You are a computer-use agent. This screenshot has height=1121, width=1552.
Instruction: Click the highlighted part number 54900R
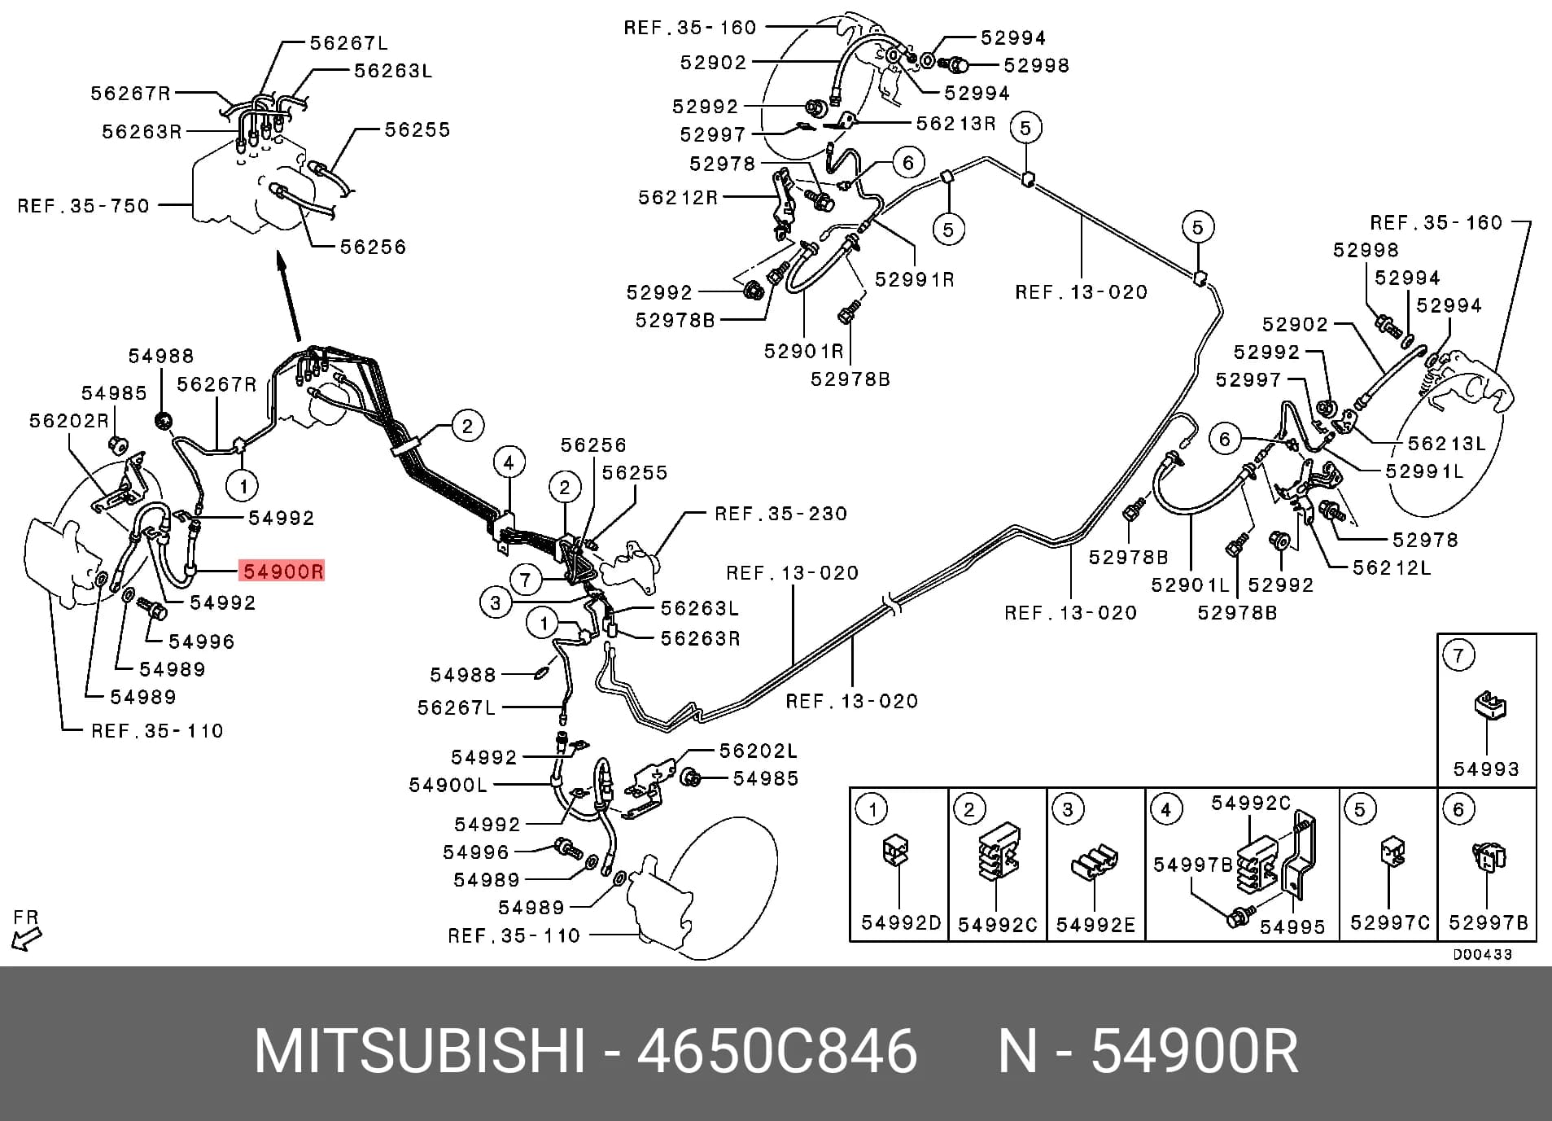283,571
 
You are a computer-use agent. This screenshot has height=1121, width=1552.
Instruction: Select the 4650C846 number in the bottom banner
776,1051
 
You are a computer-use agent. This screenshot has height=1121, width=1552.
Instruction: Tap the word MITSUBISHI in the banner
420,1051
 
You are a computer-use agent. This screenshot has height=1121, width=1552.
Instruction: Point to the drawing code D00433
1483,954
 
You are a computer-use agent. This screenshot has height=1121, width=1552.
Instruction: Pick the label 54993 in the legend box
1486,769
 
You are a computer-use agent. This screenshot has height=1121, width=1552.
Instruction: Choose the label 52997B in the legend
1488,923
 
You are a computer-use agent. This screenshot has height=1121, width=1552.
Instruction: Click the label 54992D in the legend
901,922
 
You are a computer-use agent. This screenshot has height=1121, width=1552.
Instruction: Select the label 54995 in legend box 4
1292,926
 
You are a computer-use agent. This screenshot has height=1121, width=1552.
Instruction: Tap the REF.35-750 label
84,205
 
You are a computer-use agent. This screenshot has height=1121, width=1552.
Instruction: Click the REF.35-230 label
780,514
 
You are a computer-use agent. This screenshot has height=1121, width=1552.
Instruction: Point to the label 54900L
448,785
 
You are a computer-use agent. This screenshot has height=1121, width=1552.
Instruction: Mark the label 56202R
69,421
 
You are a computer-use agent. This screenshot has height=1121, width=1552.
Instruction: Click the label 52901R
804,351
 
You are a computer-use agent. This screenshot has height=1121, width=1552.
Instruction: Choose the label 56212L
1392,567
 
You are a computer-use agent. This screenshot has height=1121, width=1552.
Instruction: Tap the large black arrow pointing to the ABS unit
289,296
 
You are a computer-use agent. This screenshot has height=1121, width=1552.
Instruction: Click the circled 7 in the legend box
1458,655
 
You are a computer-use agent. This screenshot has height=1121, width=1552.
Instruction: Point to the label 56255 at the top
417,129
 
